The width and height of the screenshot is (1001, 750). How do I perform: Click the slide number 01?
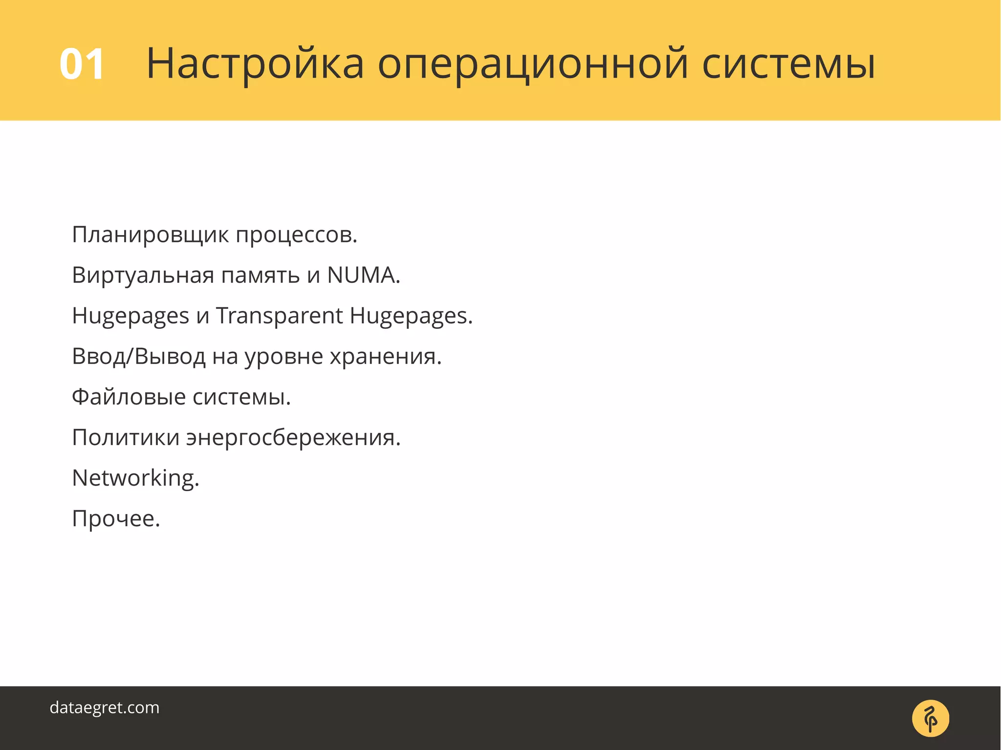(x=82, y=64)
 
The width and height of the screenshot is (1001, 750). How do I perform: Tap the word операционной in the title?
(x=533, y=64)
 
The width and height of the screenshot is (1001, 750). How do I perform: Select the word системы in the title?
(x=788, y=64)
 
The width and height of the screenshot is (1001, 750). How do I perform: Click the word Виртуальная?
(x=143, y=276)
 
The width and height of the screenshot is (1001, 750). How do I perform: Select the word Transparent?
(x=279, y=316)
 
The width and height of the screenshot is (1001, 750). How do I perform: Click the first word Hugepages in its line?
(x=131, y=317)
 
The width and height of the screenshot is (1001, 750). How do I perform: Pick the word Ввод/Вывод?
(x=138, y=357)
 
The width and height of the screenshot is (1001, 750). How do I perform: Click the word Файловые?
(x=129, y=397)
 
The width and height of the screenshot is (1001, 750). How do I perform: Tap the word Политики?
(x=126, y=437)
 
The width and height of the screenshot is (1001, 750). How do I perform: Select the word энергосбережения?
(x=292, y=437)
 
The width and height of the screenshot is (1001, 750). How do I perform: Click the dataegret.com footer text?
(x=105, y=708)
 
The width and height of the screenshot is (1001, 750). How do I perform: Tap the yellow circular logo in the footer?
(x=930, y=718)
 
